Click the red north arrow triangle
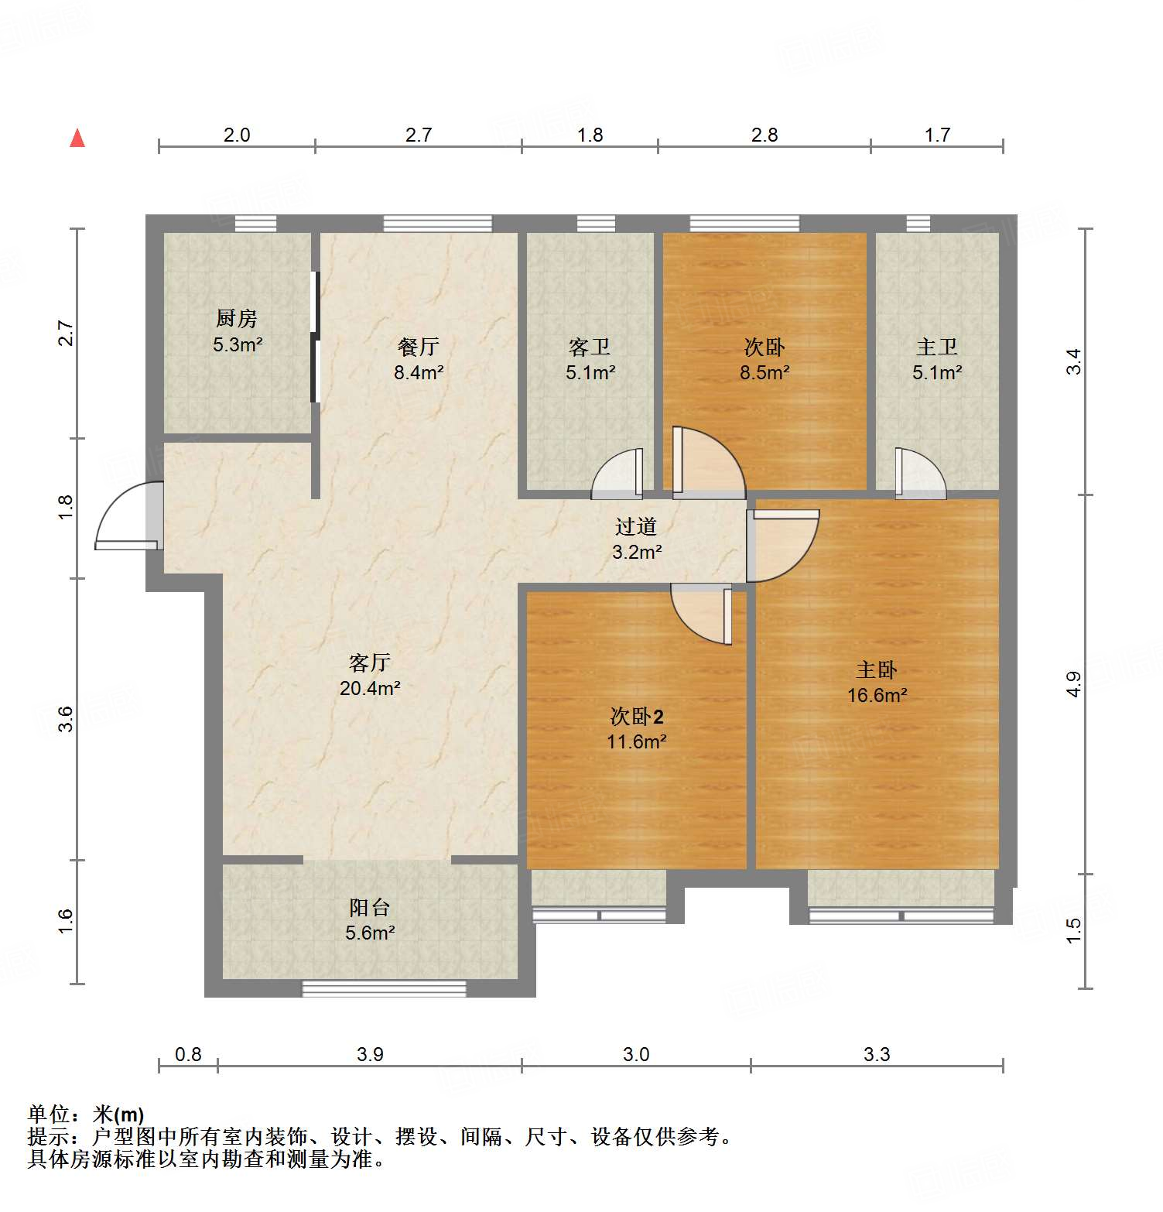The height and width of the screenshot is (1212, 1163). coord(77,139)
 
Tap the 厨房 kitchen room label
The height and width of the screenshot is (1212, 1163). coord(236,318)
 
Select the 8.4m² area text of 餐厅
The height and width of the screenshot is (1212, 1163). coord(419,372)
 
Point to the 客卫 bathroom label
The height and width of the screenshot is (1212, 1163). coord(590,347)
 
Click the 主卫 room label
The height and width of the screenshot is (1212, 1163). coord(936,347)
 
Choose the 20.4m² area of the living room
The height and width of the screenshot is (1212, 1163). coord(370,688)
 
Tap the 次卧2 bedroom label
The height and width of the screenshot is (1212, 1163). coord(636,717)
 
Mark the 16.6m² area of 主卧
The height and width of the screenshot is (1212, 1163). coord(877,695)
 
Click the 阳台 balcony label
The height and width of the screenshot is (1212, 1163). coord(370,907)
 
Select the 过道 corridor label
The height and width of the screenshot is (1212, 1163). coord(635,526)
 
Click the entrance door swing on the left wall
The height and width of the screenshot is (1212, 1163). coord(128,517)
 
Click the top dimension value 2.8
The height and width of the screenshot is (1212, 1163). coord(764,135)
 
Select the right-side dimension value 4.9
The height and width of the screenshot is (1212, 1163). coord(1073,684)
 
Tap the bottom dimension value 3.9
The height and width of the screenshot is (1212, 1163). coord(370,1054)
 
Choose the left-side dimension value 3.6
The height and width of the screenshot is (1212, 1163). coord(67,719)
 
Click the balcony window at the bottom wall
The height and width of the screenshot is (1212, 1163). coord(384,988)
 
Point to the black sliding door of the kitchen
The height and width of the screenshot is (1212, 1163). coord(315,337)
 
